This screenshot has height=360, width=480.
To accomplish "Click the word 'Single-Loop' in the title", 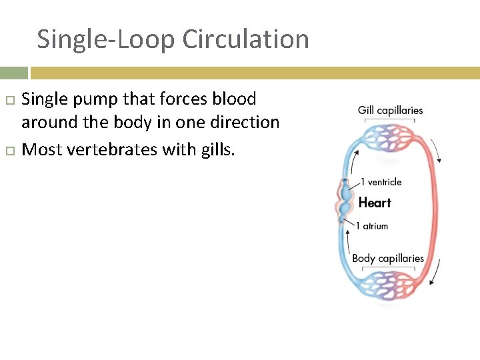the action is click(x=106, y=39).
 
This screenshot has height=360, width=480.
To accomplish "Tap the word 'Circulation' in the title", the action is click(x=245, y=39).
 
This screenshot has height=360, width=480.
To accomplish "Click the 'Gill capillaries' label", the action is click(x=390, y=110).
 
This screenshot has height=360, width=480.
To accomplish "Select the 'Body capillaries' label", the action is click(x=388, y=258).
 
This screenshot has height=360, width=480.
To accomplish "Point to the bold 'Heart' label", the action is click(x=375, y=203).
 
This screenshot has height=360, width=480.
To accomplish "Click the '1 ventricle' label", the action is click(x=381, y=182).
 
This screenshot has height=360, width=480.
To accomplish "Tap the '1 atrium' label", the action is click(x=372, y=226).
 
